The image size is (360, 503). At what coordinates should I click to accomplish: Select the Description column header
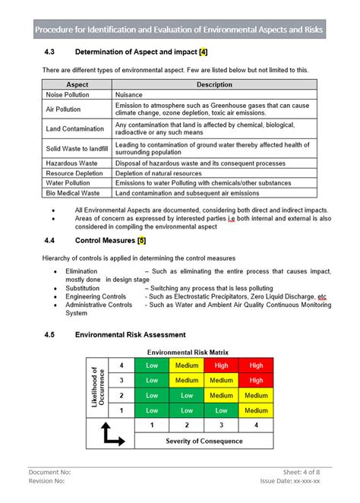click(x=214, y=84)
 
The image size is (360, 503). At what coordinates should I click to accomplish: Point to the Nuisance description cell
click(x=128, y=95)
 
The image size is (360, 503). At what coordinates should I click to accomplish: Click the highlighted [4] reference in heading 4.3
click(x=203, y=52)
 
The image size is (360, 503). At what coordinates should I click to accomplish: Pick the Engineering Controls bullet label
click(x=96, y=296)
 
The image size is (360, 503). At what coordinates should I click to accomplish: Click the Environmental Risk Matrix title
click(x=188, y=353)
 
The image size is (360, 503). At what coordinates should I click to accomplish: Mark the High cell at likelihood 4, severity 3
click(x=221, y=365)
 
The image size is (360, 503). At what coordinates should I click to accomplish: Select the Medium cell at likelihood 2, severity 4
click(x=256, y=395)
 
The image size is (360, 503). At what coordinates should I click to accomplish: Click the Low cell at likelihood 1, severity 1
click(x=152, y=410)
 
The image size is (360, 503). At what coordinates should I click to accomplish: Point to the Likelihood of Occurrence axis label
click(x=97, y=388)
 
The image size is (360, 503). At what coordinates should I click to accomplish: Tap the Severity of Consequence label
click(x=204, y=441)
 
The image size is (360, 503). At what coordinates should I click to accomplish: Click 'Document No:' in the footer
click(x=50, y=471)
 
